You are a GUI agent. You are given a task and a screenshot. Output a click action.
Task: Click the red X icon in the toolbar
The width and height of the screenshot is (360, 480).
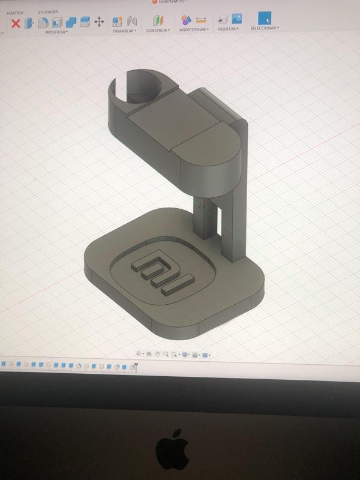click(16, 23)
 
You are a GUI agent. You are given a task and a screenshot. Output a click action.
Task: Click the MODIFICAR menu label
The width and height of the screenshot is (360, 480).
click(56, 32)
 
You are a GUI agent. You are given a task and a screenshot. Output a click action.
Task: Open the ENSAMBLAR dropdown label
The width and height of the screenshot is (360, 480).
click(124, 31)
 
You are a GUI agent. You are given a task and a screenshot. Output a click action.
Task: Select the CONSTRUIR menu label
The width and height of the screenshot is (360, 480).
click(157, 30)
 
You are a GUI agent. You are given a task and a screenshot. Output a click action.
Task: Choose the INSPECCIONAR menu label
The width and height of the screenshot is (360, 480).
click(193, 29)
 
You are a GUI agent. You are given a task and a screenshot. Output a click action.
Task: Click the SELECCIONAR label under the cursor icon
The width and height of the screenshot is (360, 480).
click(263, 28)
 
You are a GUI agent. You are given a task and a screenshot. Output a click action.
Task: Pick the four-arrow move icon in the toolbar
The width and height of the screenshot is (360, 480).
click(99, 22)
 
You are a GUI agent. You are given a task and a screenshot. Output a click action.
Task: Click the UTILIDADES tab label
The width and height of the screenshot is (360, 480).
click(48, 12)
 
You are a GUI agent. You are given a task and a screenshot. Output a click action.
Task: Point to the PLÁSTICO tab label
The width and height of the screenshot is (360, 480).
click(15, 13)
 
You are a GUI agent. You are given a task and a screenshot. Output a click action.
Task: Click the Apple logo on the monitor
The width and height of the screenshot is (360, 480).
click(173, 449)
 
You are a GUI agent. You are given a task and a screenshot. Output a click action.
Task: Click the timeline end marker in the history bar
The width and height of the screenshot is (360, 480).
click(137, 366)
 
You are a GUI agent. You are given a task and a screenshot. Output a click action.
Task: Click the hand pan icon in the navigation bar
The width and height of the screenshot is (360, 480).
click(157, 355)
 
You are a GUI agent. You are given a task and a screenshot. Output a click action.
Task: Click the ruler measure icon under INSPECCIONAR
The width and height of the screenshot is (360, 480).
click(200, 20)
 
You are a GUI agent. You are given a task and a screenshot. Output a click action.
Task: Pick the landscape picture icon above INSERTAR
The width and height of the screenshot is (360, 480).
click(236, 19)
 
